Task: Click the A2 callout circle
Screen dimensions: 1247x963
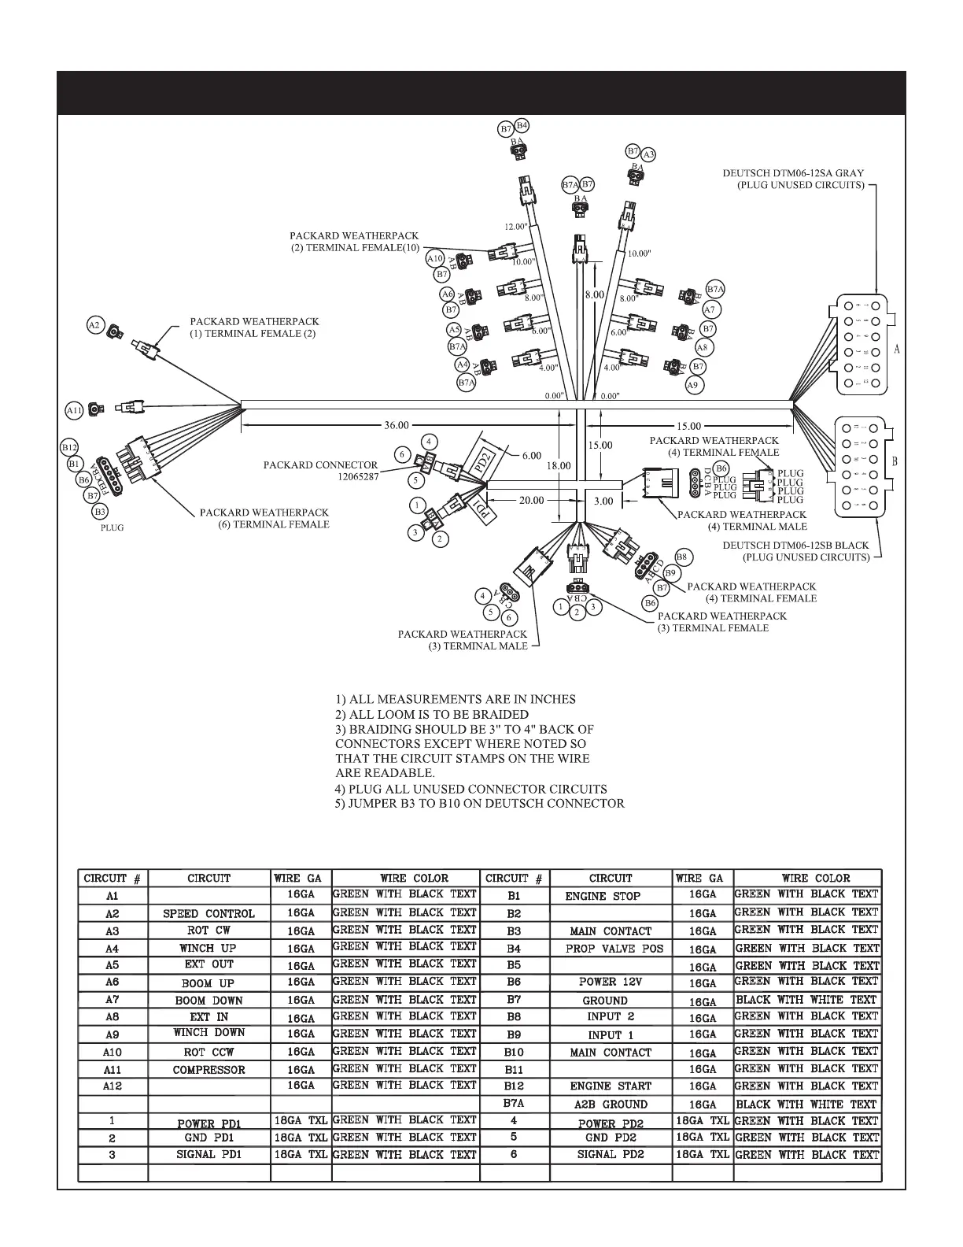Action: click(x=94, y=324)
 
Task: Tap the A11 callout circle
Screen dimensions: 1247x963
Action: click(x=74, y=410)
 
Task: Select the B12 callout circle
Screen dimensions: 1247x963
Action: click(x=69, y=447)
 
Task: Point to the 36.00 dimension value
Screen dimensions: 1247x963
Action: click(x=397, y=426)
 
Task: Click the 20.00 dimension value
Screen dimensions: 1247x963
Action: click(x=531, y=500)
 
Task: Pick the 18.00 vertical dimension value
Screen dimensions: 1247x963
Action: click(x=559, y=466)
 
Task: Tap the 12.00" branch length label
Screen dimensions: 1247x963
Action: click(x=515, y=227)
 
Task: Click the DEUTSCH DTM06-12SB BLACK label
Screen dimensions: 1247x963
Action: click(x=796, y=545)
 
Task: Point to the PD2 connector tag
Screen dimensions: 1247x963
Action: click(x=484, y=459)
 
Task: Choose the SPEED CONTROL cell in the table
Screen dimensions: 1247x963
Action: click(x=208, y=914)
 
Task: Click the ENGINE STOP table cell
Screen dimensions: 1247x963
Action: click(x=603, y=896)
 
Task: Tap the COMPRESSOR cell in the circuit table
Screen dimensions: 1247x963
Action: click(x=208, y=1070)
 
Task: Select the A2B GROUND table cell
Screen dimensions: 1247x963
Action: click(x=611, y=1105)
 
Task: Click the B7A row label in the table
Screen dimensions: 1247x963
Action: click(x=514, y=1104)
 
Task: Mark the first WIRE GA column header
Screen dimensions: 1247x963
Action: click(x=301, y=878)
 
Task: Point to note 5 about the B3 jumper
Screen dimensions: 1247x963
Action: click(x=479, y=804)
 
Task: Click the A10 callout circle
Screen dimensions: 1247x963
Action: click(x=435, y=258)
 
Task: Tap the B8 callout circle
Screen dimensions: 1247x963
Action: click(x=682, y=557)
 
